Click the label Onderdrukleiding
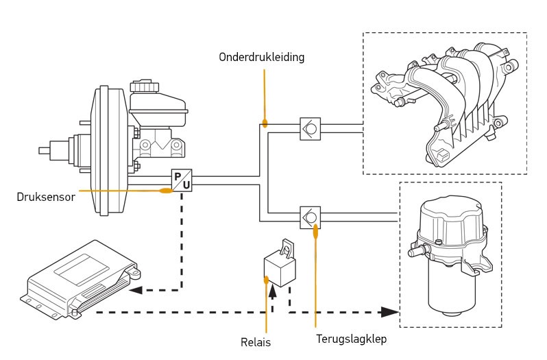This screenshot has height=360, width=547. [x=261, y=58]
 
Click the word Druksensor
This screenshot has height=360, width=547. [x=45, y=197]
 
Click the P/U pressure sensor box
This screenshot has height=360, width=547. [x=182, y=180]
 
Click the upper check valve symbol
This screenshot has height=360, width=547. [x=311, y=129]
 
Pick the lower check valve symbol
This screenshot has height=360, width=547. [x=311, y=217]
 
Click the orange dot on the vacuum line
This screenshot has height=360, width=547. [x=265, y=124]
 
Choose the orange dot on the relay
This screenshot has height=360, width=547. [x=266, y=279]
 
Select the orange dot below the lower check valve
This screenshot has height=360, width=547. [x=316, y=232]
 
